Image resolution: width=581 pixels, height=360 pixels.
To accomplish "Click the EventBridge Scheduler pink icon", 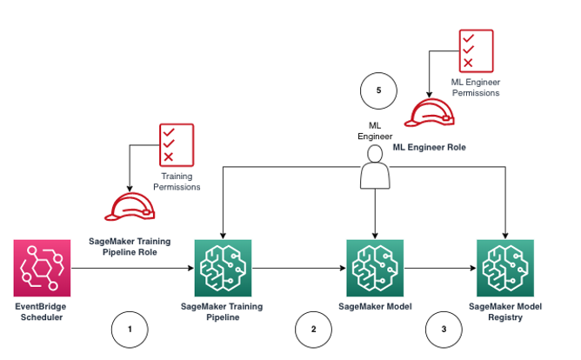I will click(x=42, y=269).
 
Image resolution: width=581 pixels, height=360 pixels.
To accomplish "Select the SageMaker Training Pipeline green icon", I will click(x=223, y=269).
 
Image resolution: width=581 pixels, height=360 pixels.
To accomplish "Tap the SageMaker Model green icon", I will click(x=375, y=269).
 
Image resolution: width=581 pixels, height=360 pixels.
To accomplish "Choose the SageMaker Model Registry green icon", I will click(x=505, y=269).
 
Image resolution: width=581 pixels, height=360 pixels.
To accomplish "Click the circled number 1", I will click(x=130, y=330).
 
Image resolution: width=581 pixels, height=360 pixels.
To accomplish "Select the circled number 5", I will click(x=377, y=90).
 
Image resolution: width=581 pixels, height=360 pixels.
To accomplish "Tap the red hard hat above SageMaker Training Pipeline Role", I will click(x=130, y=205).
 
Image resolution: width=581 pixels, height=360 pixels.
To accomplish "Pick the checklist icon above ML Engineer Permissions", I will click(x=476, y=50).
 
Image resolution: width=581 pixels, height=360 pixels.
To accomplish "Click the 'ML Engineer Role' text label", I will click(x=429, y=148).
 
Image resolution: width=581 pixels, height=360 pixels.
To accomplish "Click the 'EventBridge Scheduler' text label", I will click(x=42, y=312).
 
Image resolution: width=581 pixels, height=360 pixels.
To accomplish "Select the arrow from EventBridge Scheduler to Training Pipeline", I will click(x=130, y=269).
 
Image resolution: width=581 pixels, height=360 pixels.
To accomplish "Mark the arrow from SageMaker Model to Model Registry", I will click(x=440, y=269).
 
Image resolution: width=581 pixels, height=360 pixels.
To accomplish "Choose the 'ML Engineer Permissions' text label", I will click(x=476, y=87).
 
